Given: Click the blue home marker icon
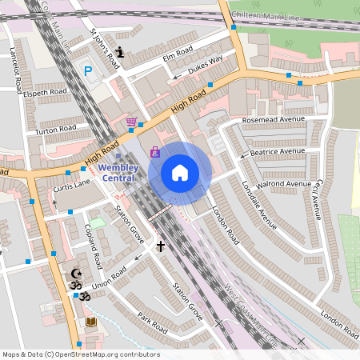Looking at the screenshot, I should tap(180, 172).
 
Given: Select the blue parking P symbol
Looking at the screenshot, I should tap(88, 71).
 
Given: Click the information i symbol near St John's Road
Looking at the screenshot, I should tap(120, 53).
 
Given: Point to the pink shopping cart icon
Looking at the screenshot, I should tap(131, 122).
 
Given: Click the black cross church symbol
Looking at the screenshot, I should tap(160, 246).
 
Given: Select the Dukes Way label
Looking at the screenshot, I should tap(205, 66).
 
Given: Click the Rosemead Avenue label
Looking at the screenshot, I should tap(274, 119).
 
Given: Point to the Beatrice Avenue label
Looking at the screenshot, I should tap(277, 151).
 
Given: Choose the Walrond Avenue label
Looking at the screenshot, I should tap(283, 184).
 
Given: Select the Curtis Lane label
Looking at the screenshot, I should tap(72, 186).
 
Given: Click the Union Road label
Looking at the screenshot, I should tap(109, 278).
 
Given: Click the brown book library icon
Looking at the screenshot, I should tap(91, 322).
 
